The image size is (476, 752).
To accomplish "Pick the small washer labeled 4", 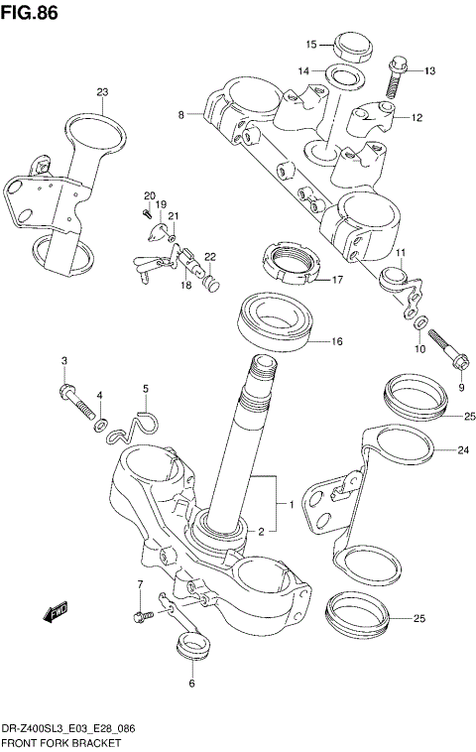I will (x=100, y=425).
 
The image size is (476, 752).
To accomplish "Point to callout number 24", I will (x=463, y=450).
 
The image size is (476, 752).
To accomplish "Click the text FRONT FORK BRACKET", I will (x=61, y=742).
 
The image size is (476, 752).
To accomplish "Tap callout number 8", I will (x=181, y=115).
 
